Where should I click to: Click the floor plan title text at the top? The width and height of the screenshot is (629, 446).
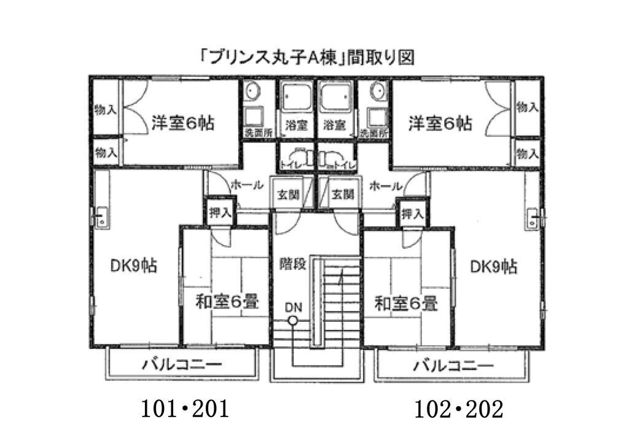[307, 58]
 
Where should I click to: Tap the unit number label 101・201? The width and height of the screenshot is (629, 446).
[185, 410]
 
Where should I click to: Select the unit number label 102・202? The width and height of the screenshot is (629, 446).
[458, 410]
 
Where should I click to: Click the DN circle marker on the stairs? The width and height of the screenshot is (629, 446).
[293, 321]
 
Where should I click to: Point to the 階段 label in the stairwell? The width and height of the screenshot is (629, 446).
[293, 264]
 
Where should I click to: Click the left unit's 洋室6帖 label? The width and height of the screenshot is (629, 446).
[183, 123]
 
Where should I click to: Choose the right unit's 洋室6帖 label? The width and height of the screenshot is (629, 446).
[440, 123]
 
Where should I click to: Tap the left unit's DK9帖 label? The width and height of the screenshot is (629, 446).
[133, 266]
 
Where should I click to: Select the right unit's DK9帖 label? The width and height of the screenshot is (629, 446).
[494, 267]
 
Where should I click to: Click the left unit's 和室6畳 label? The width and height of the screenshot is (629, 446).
[227, 302]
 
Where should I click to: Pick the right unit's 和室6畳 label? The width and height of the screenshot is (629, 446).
[405, 303]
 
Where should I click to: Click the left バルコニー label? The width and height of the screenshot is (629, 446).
[182, 364]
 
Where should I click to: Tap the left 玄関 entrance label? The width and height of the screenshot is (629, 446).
[289, 195]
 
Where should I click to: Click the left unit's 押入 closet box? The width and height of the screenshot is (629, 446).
[221, 212]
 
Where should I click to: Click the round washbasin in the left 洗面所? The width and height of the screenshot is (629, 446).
[252, 91]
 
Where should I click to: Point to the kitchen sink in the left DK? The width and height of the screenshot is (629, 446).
[101, 218]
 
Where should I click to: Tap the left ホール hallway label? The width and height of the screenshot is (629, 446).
[247, 185]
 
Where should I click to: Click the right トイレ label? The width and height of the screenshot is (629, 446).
[345, 165]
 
